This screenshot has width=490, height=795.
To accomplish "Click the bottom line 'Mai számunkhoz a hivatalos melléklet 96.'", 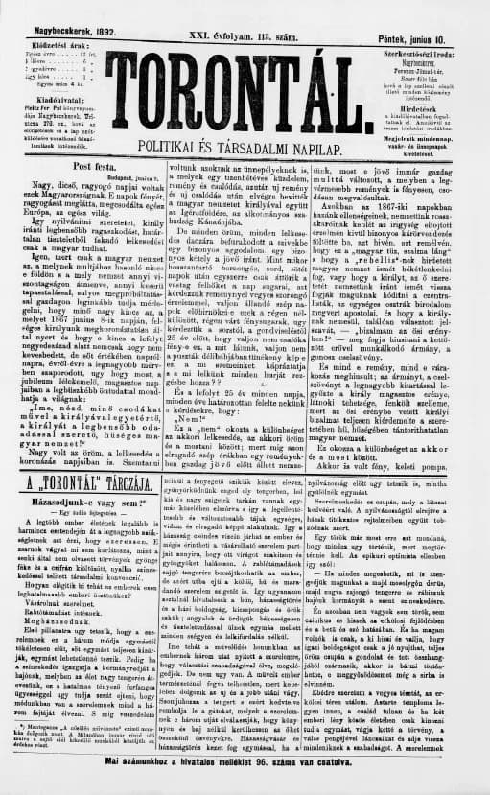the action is pos(244,786).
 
